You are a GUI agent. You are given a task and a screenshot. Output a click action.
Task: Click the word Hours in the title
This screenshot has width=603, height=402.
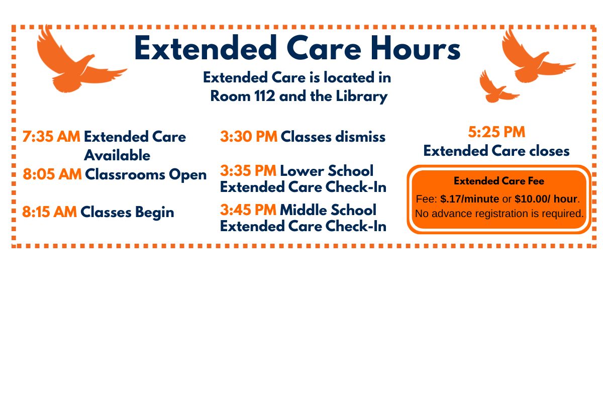416,48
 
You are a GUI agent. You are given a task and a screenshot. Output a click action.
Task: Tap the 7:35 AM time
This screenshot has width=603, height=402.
51,137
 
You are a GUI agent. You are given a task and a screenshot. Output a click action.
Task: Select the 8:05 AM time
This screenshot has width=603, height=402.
52,174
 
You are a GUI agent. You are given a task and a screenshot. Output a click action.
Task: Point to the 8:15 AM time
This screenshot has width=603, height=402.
50,212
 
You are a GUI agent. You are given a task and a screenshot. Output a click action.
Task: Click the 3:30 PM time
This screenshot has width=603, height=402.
249,137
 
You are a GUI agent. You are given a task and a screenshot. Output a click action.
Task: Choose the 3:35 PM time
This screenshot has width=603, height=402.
248,170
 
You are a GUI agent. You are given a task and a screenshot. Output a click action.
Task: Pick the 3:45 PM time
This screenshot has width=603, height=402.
248,210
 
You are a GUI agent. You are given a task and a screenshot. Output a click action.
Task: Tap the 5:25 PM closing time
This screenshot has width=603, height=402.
496,132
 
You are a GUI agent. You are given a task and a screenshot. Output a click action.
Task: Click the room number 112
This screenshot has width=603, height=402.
265,96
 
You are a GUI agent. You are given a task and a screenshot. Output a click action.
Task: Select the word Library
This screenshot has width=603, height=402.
362,96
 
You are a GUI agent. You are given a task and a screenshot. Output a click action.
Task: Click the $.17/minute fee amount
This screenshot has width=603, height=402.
470,199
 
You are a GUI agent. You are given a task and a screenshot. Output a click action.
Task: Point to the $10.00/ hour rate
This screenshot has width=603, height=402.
546,199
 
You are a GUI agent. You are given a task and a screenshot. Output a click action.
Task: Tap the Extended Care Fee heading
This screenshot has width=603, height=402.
499,181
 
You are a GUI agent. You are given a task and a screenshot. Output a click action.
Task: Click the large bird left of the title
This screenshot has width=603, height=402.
78,62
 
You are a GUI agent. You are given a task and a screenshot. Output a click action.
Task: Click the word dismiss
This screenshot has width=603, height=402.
360,137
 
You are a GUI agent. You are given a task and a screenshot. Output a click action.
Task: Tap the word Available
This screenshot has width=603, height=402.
118,155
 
